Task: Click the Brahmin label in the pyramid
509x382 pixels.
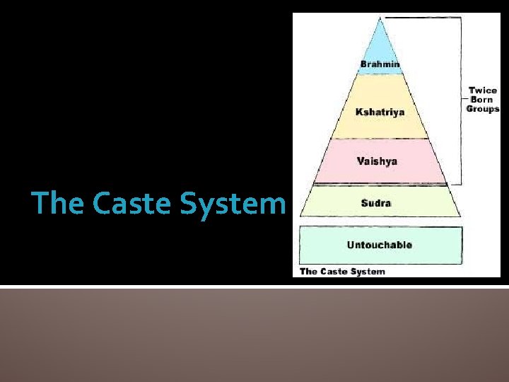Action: point(380,64)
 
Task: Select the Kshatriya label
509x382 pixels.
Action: point(380,112)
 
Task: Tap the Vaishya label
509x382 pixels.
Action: point(377,161)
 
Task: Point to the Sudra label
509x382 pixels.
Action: point(375,204)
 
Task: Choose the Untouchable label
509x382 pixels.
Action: point(380,245)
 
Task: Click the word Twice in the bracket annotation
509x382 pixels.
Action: point(483,91)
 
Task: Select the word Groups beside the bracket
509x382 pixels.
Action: point(483,109)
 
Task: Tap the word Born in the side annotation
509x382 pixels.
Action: point(483,100)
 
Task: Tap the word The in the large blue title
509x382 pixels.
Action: point(59,204)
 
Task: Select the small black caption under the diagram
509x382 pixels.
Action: point(343,271)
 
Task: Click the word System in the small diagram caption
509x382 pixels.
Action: point(368,271)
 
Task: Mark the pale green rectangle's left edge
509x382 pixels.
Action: point(300,245)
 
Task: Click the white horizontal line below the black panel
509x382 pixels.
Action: point(255,286)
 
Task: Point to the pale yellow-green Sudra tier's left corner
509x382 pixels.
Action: point(301,215)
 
